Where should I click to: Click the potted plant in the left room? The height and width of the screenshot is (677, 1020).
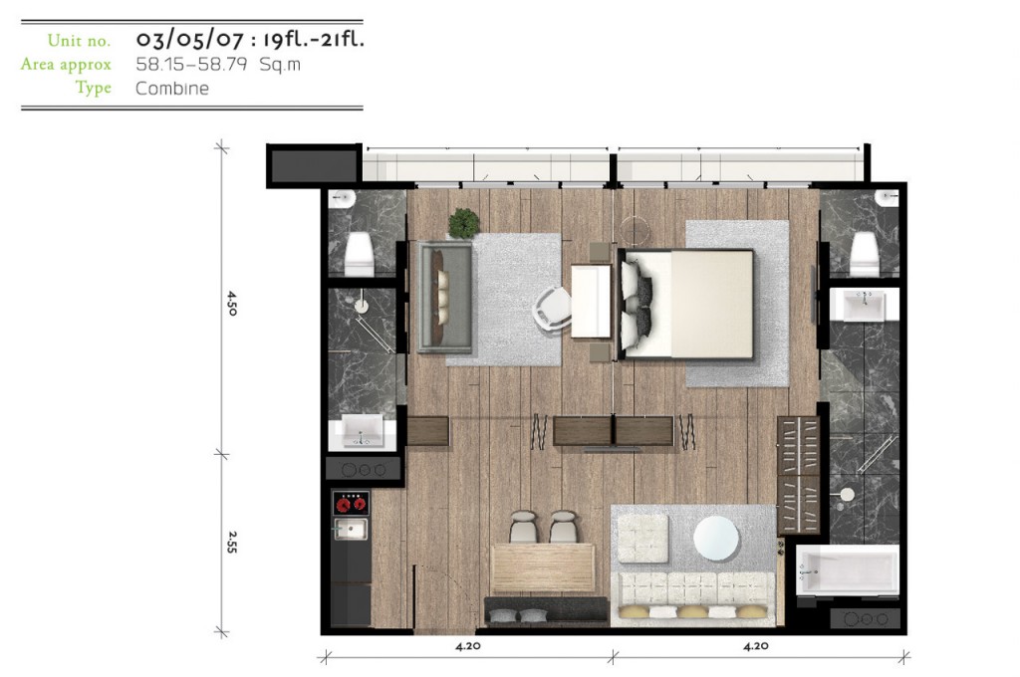(464, 223)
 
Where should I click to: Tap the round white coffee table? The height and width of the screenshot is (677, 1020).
(716, 539)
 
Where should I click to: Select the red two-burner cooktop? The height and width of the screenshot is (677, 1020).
(351, 504)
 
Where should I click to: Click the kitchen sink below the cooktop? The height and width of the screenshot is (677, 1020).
(351, 529)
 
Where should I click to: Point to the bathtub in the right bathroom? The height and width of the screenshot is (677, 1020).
(848, 569)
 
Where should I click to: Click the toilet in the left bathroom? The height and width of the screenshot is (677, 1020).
(359, 253)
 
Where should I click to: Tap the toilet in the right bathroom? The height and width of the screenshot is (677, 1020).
(865, 253)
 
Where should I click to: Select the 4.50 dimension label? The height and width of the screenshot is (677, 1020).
(232, 303)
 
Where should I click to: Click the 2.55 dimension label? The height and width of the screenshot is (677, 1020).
(232, 543)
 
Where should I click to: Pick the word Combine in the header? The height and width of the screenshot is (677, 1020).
(172, 89)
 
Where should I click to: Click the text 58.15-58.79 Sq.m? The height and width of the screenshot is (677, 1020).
(218, 65)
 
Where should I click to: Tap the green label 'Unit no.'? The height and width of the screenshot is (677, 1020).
(79, 40)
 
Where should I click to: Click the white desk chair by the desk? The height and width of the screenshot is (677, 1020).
(552, 310)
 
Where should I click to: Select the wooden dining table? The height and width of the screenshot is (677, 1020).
(543, 567)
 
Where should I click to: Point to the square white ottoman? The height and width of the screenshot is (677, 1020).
(642, 539)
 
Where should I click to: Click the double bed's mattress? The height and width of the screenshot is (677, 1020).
(689, 304)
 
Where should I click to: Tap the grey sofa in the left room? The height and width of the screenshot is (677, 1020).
(445, 297)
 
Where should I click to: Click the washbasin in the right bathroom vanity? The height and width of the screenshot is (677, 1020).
(864, 305)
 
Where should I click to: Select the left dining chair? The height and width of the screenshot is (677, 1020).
(523, 527)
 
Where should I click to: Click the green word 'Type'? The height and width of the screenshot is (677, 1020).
(93, 88)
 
